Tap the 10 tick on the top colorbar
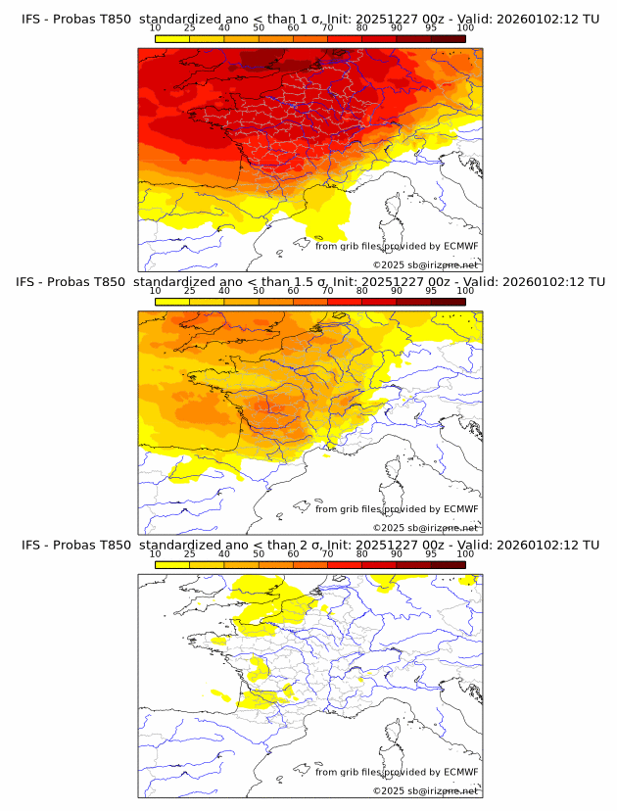155,28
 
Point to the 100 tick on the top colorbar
465,28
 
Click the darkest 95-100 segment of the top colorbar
448,38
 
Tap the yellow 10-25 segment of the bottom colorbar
172,563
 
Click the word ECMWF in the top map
461,247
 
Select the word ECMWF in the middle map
461,509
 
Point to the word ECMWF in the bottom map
461,772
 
